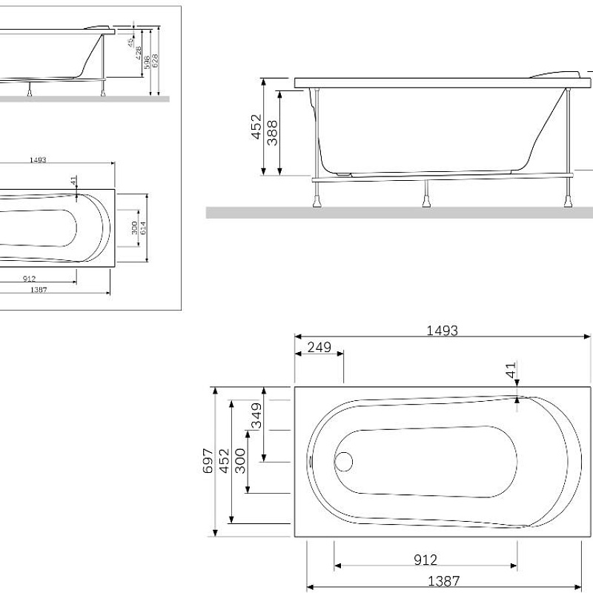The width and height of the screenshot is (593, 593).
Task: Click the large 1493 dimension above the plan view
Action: click(442, 331)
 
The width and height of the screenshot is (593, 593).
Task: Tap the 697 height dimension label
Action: click(208, 460)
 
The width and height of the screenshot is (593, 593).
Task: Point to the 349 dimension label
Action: click(257, 415)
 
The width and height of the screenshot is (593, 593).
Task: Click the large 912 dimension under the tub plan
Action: click(425, 560)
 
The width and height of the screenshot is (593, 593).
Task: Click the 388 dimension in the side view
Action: click(274, 133)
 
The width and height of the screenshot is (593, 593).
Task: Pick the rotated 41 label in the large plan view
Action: click(511, 371)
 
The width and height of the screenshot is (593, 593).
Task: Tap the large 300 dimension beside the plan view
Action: click(240, 460)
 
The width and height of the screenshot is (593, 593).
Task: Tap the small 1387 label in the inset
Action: click(39, 290)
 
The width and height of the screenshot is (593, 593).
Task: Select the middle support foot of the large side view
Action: click(427, 199)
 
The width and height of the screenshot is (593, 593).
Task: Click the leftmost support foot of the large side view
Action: click(319, 199)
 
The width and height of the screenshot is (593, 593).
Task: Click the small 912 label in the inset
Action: click(30, 279)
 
